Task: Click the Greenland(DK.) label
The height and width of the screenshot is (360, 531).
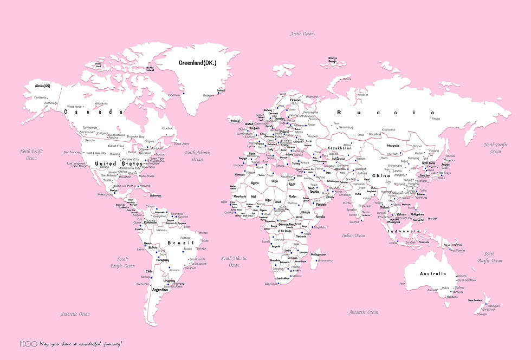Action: (x=198, y=63)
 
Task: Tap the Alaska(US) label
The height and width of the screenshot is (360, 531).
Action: (x=42, y=86)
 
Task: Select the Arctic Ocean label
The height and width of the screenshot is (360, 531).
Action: (x=302, y=34)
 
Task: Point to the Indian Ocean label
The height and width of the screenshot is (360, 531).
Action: (x=353, y=235)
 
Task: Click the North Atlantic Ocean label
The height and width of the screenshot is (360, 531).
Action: (x=197, y=156)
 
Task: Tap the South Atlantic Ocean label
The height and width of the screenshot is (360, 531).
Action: (x=234, y=261)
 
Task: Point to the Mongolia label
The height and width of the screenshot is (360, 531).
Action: (x=393, y=146)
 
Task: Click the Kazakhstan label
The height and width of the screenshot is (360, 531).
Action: (x=340, y=147)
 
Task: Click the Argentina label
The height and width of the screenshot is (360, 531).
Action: (x=160, y=290)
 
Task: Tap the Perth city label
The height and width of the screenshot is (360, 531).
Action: (x=403, y=284)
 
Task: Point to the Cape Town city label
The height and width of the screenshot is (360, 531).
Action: (x=271, y=284)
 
